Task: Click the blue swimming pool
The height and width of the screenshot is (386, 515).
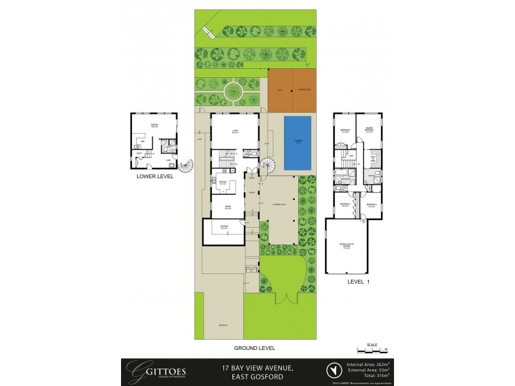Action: [297, 144]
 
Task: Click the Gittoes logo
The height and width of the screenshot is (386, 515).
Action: [143, 370]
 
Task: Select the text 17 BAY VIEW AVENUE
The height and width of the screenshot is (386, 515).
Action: [257, 366]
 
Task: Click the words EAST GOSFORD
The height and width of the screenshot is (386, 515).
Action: [257, 375]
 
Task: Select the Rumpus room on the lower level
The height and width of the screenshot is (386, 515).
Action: [154, 125]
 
